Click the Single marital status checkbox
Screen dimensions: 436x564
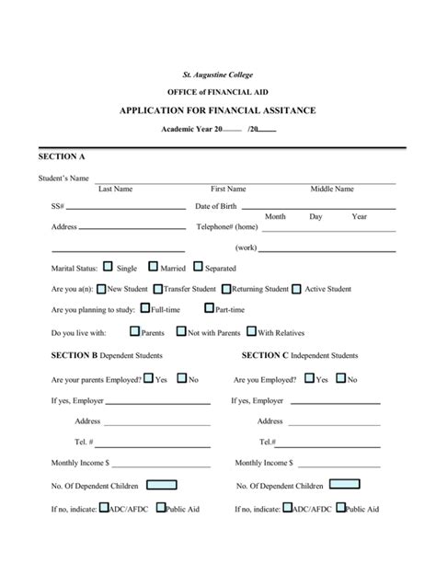(x=108, y=268)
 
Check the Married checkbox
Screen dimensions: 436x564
(x=153, y=268)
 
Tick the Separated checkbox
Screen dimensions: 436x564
(x=197, y=268)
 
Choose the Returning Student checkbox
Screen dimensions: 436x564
(x=226, y=289)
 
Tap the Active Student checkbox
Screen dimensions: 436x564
(x=296, y=289)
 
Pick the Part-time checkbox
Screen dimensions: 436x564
(x=209, y=310)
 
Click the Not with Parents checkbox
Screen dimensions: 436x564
(x=181, y=332)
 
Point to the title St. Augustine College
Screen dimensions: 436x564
(x=217, y=75)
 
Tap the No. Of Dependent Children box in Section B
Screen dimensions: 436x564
(x=162, y=485)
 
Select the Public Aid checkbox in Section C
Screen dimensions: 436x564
(x=340, y=507)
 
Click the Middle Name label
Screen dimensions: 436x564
(x=332, y=189)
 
